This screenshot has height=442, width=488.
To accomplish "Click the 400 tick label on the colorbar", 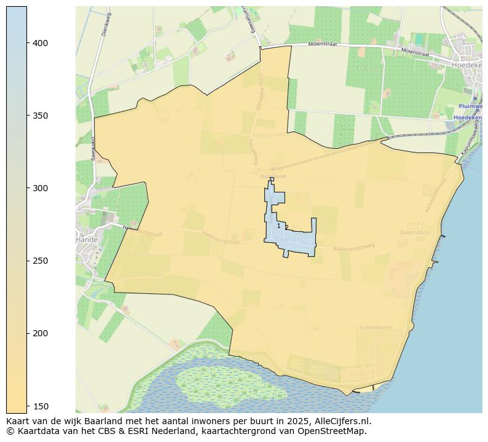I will tap(41, 43).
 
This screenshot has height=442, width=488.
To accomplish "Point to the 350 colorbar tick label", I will tap(41, 116).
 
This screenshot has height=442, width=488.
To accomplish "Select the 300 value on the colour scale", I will tap(41, 188).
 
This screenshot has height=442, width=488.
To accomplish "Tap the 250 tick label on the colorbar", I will tap(41, 261).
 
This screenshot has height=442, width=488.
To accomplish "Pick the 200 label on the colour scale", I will tap(41, 333).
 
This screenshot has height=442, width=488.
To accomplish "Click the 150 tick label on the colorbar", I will tap(41, 406).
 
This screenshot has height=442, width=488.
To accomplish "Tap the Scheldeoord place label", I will tap(376, 328).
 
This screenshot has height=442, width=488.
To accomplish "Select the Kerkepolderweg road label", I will tap(434, 196).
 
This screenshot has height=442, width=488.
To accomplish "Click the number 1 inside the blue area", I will tap(278, 226).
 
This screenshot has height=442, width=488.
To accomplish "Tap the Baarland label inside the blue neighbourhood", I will tap(290, 239).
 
